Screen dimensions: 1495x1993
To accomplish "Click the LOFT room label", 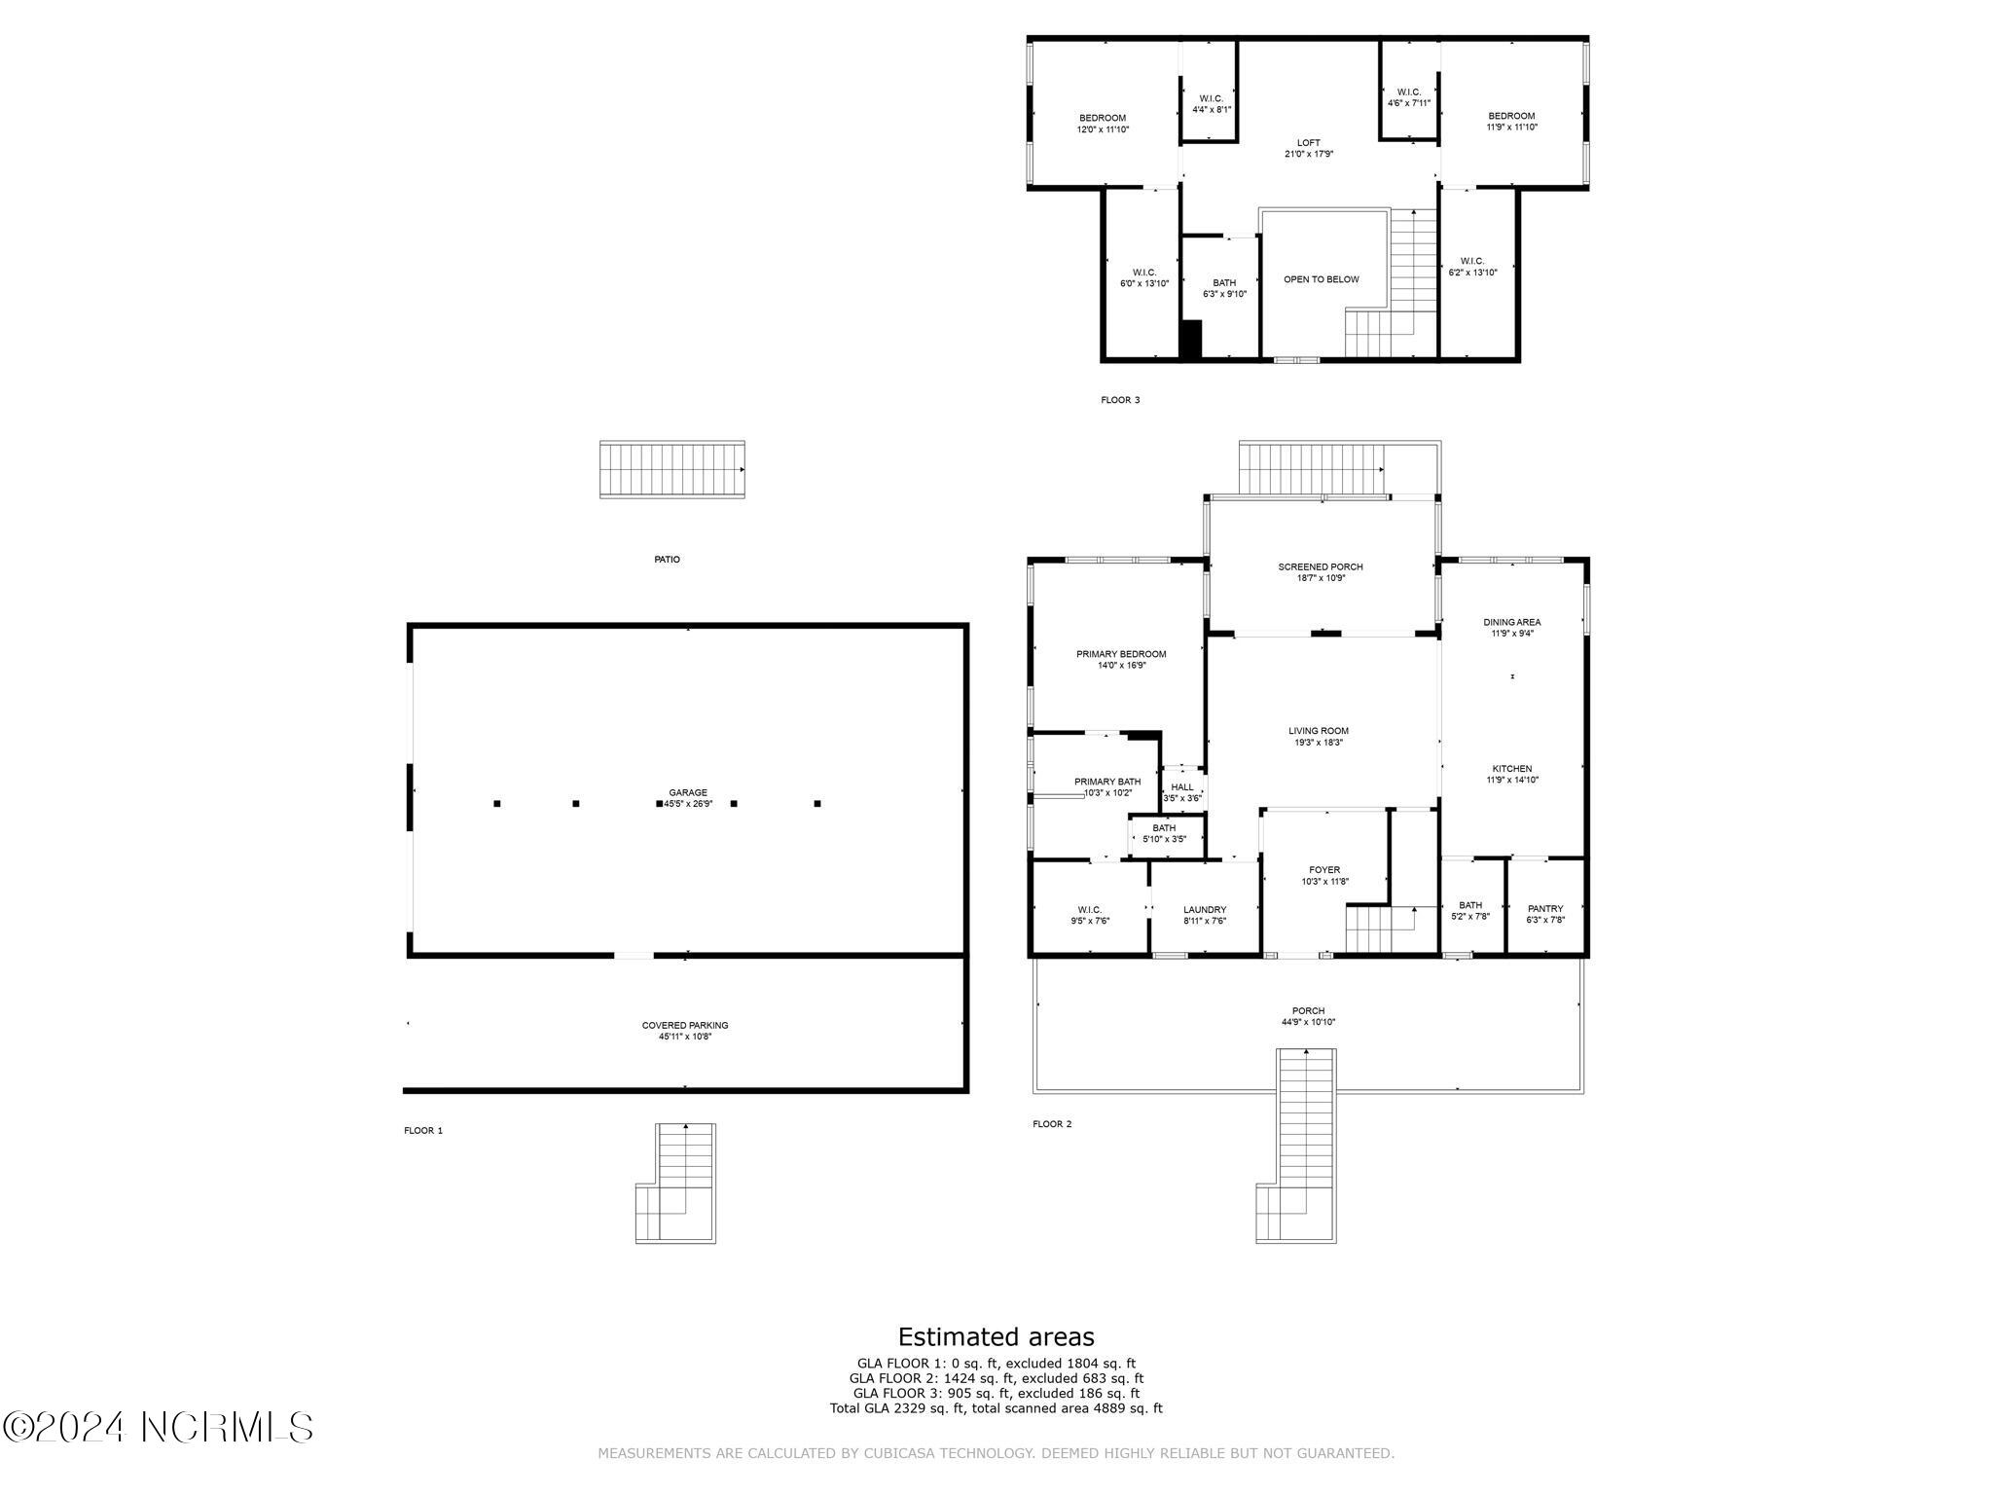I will point(1308,143).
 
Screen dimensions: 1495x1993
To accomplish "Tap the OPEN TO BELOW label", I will point(1321,279).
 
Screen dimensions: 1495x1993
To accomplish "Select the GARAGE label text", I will point(688,792).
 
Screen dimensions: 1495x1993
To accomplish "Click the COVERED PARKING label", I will point(685,1025).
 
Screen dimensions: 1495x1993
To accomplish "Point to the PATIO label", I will point(667,560).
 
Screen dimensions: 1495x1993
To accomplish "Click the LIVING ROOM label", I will point(1319,731).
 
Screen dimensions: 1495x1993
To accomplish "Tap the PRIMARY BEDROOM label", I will point(1121,654).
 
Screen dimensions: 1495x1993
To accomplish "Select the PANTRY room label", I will point(1544,909).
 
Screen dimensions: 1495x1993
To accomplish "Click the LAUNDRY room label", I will point(1205,910).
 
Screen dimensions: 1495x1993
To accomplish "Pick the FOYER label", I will point(1324,870).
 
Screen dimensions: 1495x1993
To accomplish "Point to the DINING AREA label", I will point(1511,622).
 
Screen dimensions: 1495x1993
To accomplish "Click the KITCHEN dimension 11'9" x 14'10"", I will point(1511,780).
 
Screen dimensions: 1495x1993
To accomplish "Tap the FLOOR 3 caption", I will point(1120,400).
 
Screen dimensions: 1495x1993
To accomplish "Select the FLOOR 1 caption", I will point(423,1131).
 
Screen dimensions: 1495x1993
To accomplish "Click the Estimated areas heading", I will point(996,1336).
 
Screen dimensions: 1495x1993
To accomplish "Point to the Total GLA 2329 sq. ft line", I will point(996,1407).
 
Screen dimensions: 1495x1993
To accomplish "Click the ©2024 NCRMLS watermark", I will point(158,1427).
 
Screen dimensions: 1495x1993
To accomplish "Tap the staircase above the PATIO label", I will point(671,470).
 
